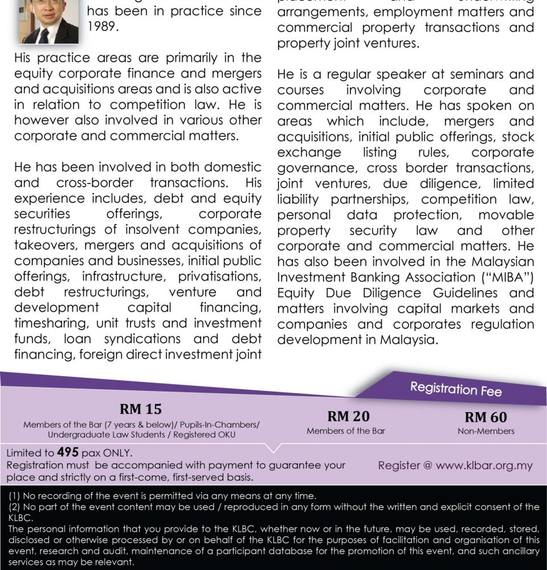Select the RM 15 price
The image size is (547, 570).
pyautogui.click(x=140, y=409)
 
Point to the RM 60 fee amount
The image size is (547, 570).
pyautogui.click(x=485, y=417)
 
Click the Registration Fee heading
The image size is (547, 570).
pyautogui.click(x=456, y=390)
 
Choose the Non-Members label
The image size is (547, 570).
pyautogui.click(x=485, y=431)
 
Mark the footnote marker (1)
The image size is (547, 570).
pyautogui.click(x=16, y=496)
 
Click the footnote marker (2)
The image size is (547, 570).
pyautogui.click(x=16, y=507)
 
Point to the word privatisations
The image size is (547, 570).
pyautogui.click(x=220, y=276)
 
